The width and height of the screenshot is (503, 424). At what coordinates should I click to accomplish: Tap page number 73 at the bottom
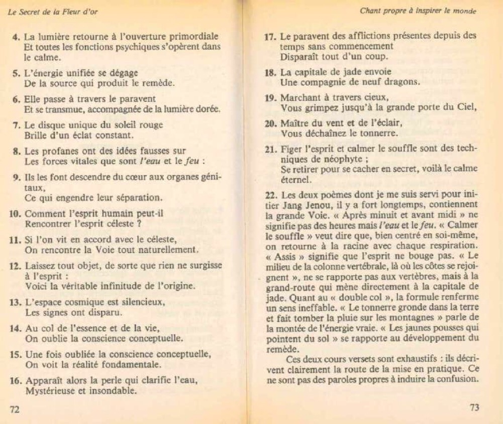tap(474, 407)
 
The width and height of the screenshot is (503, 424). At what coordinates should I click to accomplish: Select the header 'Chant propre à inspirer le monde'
tap(418, 11)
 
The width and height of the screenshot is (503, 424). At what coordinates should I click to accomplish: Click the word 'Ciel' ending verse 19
tap(466, 107)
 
